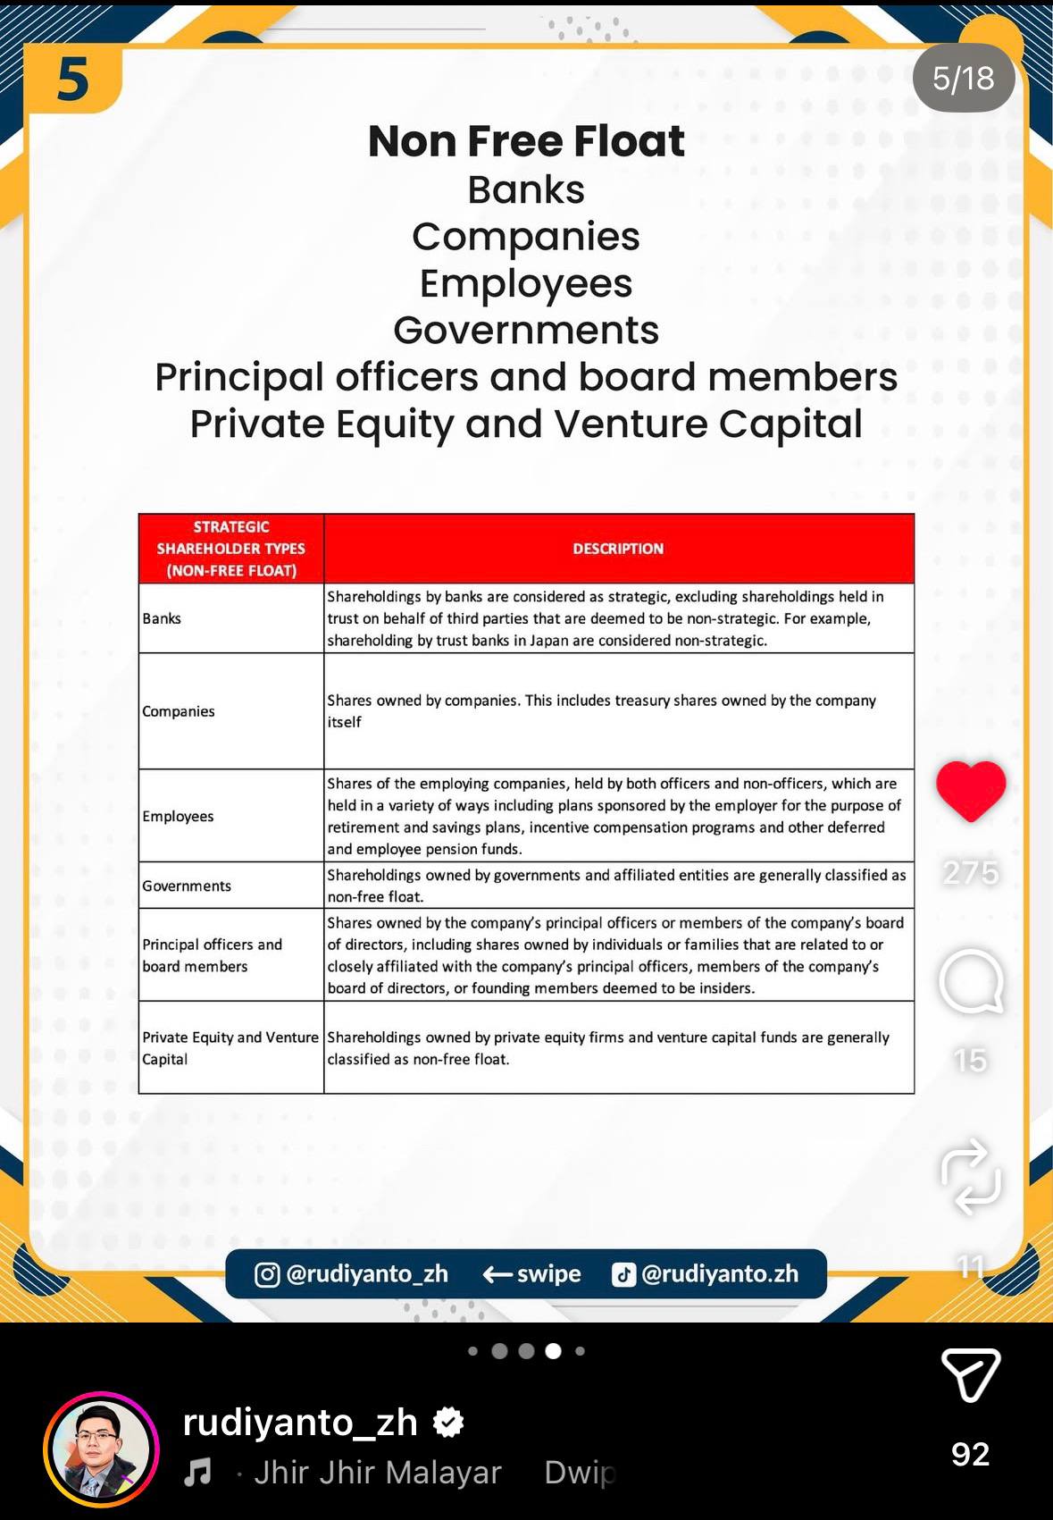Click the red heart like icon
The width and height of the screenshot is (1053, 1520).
[x=971, y=790]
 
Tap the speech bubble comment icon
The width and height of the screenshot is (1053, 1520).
[x=971, y=981]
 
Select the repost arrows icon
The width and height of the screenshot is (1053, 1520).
[x=971, y=1176]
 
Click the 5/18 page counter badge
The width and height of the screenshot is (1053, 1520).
[x=963, y=79]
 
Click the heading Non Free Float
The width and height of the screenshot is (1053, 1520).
[x=526, y=141]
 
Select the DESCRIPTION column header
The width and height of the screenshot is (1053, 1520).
[x=618, y=549]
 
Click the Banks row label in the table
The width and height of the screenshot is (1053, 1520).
[x=162, y=618]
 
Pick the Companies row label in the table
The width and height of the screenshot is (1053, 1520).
[x=179, y=711]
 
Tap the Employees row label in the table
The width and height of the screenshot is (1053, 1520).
[x=178, y=816]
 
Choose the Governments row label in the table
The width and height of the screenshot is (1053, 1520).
[x=187, y=886]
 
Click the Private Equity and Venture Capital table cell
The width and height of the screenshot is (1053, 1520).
[x=230, y=1047]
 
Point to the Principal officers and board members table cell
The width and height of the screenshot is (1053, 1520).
[x=212, y=955]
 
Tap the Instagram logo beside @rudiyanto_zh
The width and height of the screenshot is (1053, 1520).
[x=267, y=1274]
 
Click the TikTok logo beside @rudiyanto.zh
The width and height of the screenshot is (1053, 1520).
[x=623, y=1274]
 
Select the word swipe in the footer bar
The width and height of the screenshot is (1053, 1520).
[x=548, y=1274]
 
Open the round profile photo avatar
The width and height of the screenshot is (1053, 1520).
[x=101, y=1449]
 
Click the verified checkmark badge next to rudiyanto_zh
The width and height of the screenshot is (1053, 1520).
[x=448, y=1422]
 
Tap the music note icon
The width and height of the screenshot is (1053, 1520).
[x=197, y=1471]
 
